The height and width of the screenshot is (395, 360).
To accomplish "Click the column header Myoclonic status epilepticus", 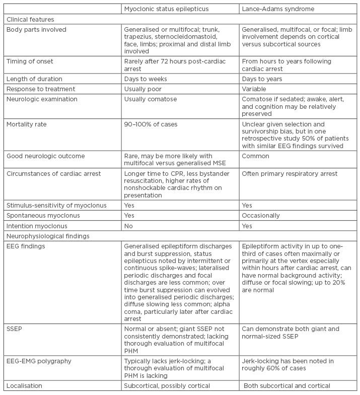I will pos(167,9).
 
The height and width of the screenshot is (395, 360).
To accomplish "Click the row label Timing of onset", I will pos(30,61).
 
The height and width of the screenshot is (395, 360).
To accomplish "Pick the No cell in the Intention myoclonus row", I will pos(129,225).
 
